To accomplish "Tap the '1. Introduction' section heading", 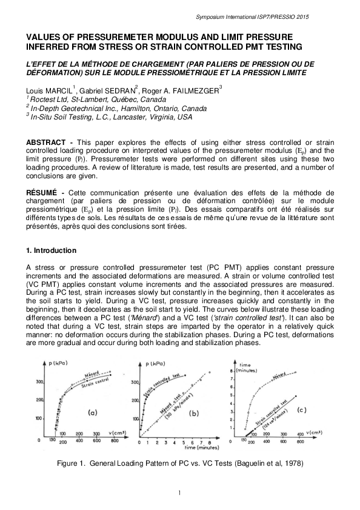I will point(51,250).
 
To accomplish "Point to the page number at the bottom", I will point(180,491).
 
